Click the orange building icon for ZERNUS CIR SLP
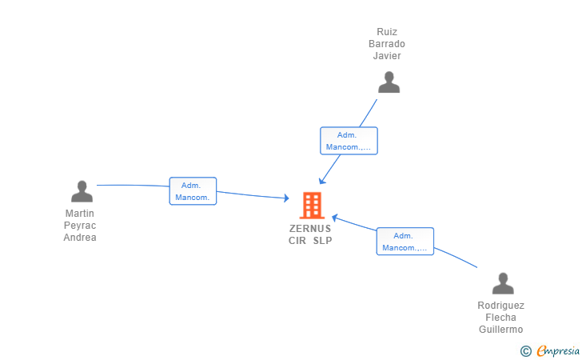click(x=312, y=206)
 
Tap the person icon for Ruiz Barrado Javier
click(x=389, y=82)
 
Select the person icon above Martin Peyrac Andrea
click(x=82, y=191)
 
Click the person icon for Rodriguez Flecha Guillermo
click(x=503, y=283)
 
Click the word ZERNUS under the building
click(x=310, y=229)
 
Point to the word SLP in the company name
click(x=322, y=241)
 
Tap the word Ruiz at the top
click(x=387, y=32)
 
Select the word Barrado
click(x=387, y=44)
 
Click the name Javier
click(x=387, y=56)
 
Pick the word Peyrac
click(x=80, y=226)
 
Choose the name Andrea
click(x=80, y=238)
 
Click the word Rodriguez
click(x=500, y=306)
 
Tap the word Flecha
click(x=500, y=318)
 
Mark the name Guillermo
click(x=500, y=330)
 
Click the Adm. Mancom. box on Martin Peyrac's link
click(x=193, y=191)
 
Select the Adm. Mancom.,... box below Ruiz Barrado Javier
click(x=349, y=141)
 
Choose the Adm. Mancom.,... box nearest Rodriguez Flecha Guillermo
click(x=405, y=242)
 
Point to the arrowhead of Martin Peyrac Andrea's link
click(x=287, y=198)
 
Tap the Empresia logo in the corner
click(x=550, y=350)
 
